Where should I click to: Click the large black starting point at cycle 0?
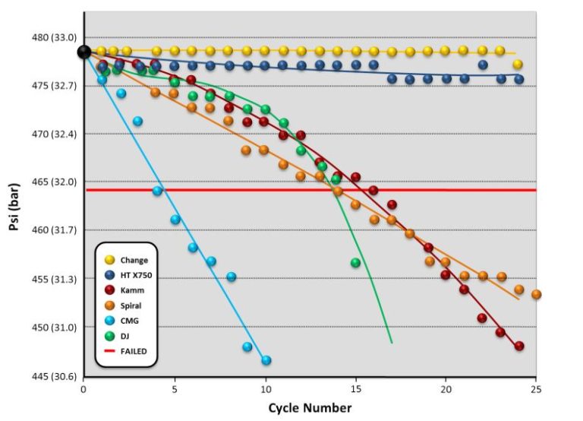(x=84, y=52)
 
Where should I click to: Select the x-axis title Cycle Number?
(x=310, y=407)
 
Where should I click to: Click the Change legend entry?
(x=134, y=260)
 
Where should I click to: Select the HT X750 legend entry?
(x=137, y=275)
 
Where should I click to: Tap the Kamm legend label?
(x=132, y=290)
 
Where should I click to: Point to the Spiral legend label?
(x=132, y=305)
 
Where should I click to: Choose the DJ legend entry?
(x=126, y=336)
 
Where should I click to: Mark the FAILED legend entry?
(x=134, y=351)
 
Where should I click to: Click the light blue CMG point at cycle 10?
(x=266, y=360)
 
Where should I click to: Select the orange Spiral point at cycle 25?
(x=536, y=294)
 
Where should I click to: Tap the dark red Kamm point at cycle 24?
(x=519, y=346)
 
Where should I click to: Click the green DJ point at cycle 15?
(x=355, y=263)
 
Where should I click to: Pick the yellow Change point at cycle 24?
(x=518, y=65)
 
